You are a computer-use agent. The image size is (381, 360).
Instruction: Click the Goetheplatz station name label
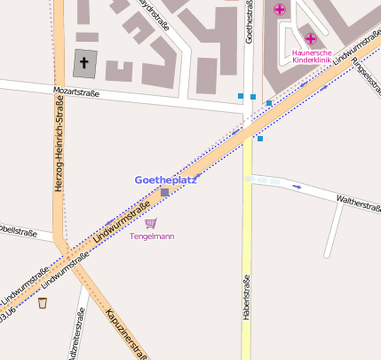pyautogui.click(x=165, y=180)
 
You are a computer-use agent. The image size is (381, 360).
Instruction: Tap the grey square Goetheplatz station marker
pyautogui.click(x=164, y=192)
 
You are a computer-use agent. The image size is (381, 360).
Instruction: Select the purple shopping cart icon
pyautogui.click(x=151, y=223)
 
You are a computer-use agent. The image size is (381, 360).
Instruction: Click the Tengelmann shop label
pyautogui.click(x=152, y=236)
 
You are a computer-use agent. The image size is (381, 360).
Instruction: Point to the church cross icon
pyautogui.click(x=85, y=63)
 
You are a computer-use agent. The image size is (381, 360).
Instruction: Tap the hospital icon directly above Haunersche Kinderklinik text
pyautogui.click(x=311, y=38)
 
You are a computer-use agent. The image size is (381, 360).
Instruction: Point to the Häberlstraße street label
pyautogui.click(x=246, y=302)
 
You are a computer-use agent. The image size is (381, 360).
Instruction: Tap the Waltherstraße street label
pyautogui.click(x=357, y=202)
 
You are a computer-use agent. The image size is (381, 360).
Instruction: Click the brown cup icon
pyautogui.click(x=42, y=302)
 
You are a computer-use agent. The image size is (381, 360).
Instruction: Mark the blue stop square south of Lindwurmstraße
pyautogui.click(x=260, y=139)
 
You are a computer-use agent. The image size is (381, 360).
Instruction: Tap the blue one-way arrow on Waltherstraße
pyautogui.click(x=297, y=187)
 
